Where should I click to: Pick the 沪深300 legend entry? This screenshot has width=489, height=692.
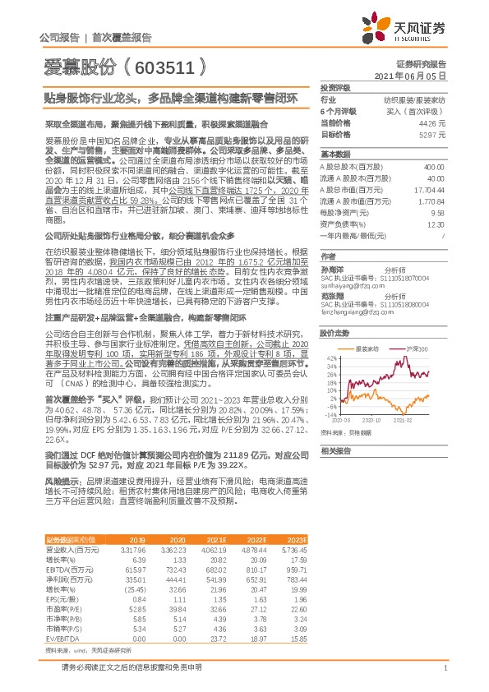[x=416, y=326]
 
